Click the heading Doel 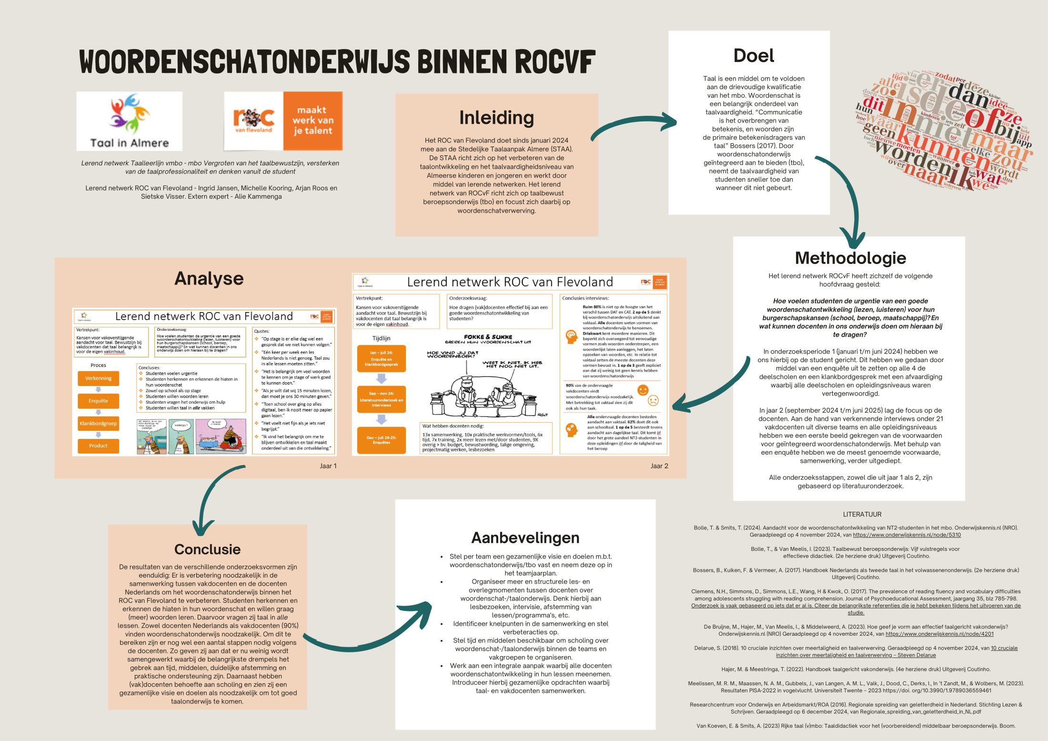coord(754,56)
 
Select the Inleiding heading coord(496,118)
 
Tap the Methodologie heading coord(850,258)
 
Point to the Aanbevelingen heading coord(525,538)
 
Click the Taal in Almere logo coord(129,121)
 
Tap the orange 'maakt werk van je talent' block coord(312,121)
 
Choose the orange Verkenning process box coord(98,378)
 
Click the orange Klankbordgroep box coord(98,423)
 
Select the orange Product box coord(98,446)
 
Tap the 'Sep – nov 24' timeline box coord(381,399)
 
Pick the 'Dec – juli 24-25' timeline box coord(381,440)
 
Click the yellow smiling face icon coord(643,390)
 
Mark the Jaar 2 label coord(659,466)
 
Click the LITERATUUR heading coord(862,514)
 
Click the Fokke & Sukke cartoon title coord(488,337)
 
